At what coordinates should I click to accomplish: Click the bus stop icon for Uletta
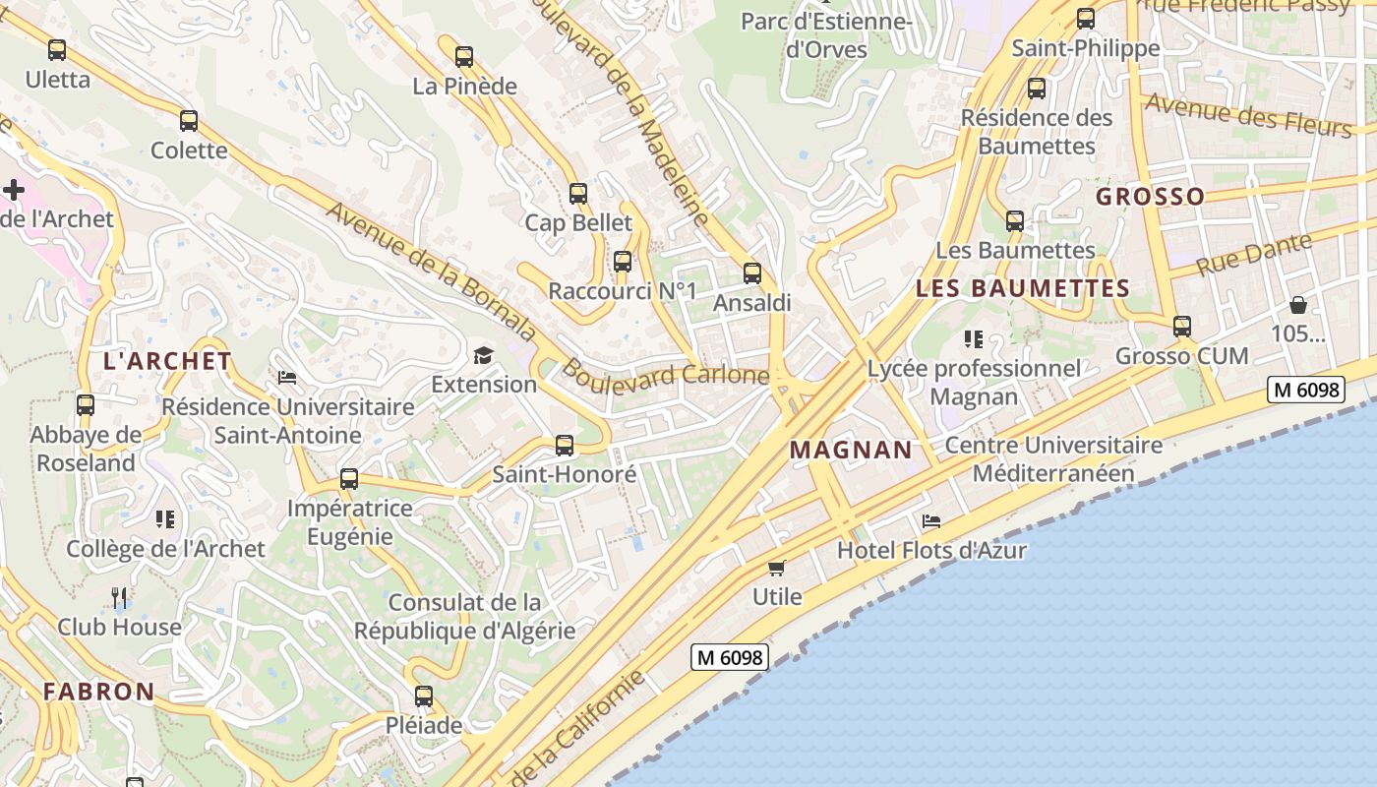click(x=57, y=49)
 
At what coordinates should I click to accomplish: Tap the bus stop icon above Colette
click(x=189, y=121)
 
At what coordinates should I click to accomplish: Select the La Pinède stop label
click(x=464, y=86)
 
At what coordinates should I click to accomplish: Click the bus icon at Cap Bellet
click(x=578, y=194)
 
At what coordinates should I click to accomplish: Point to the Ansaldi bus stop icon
click(x=752, y=273)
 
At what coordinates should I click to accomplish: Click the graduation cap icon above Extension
click(x=483, y=355)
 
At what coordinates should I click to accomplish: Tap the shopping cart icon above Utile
click(x=777, y=568)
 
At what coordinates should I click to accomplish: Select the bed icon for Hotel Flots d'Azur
click(x=931, y=521)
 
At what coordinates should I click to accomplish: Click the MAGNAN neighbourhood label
click(x=851, y=450)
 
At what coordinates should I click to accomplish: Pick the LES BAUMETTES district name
click(x=1022, y=288)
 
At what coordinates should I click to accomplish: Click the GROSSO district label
click(x=1150, y=196)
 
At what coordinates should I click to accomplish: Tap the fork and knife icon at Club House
click(x=119, y=597)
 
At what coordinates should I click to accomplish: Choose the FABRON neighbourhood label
click(x=98, y=691)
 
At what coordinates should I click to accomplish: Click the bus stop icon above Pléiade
click(x=424, y=696)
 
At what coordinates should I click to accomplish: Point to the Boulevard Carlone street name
click(x=665, y=374)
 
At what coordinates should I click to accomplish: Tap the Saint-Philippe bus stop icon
click(x=1086, y=19)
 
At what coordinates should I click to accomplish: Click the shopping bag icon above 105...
click(x=1298, y=305)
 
